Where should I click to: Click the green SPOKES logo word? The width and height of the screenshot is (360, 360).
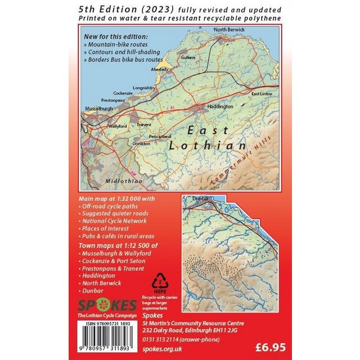coord(106,305)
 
